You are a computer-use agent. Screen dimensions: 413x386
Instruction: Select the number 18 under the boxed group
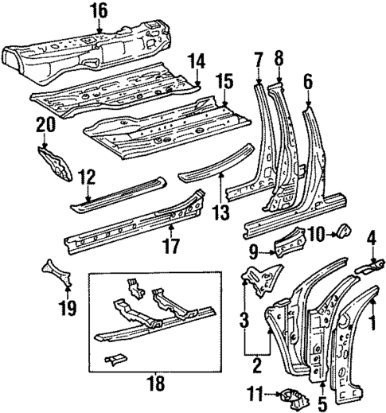pyautogui.click(x=157, y=384)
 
